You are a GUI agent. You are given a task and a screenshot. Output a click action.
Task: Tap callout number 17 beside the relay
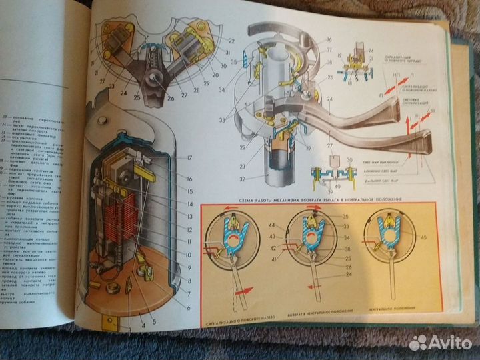coord(189,158)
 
